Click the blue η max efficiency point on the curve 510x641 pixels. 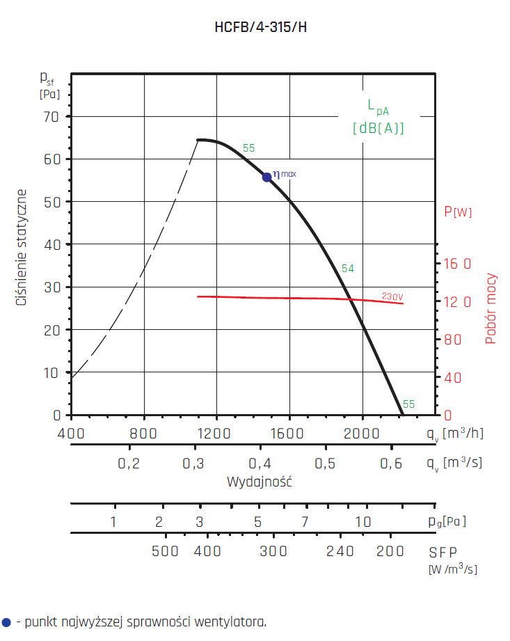(x=266, y=177)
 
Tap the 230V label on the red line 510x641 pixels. (x=393, y=294)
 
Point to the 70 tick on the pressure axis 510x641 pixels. (x=53, y=116)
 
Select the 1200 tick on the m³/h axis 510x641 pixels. (x=216, y=432)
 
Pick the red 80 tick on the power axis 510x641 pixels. (x=453, y=340)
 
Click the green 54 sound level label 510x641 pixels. (x=348, y=269)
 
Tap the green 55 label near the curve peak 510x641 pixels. (x=248, y=148)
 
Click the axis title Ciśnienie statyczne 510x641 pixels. (x=22, y=248)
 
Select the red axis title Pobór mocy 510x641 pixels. (x=491, y=308)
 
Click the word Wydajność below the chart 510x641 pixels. (x=259, y=482)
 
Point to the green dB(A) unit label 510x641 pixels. (x=378, y=128)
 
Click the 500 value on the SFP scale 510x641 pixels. (x=165, y=552)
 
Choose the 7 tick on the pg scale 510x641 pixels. (x=304, y=522)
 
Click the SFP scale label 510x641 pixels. (x=443, y=551)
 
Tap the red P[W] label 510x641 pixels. (x=458, y=212)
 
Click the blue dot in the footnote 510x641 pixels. (x=7, y=622)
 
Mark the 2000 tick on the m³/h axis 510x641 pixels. (x=362, y=432)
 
